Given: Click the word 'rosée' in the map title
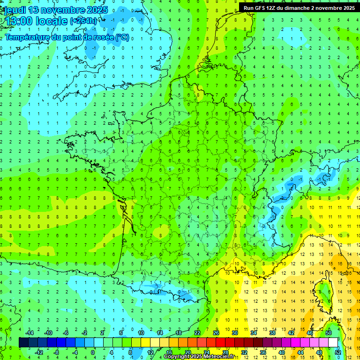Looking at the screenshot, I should pos(101,37).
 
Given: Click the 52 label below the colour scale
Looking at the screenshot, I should pos(337,352).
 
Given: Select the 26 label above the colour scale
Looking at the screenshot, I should pos(216,333).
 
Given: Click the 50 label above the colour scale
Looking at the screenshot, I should pos(329,333).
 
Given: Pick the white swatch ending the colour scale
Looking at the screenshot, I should pos(333,343).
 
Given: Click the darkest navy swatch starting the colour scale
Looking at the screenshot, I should pos(23,343).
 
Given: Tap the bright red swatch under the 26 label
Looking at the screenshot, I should pos(220,343).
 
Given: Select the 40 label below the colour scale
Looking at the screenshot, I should pos(281,352).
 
